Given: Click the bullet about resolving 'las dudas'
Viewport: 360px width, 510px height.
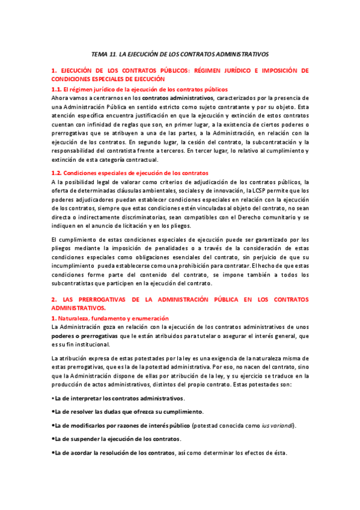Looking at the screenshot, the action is pyautogui.click(x=129, y=411).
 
